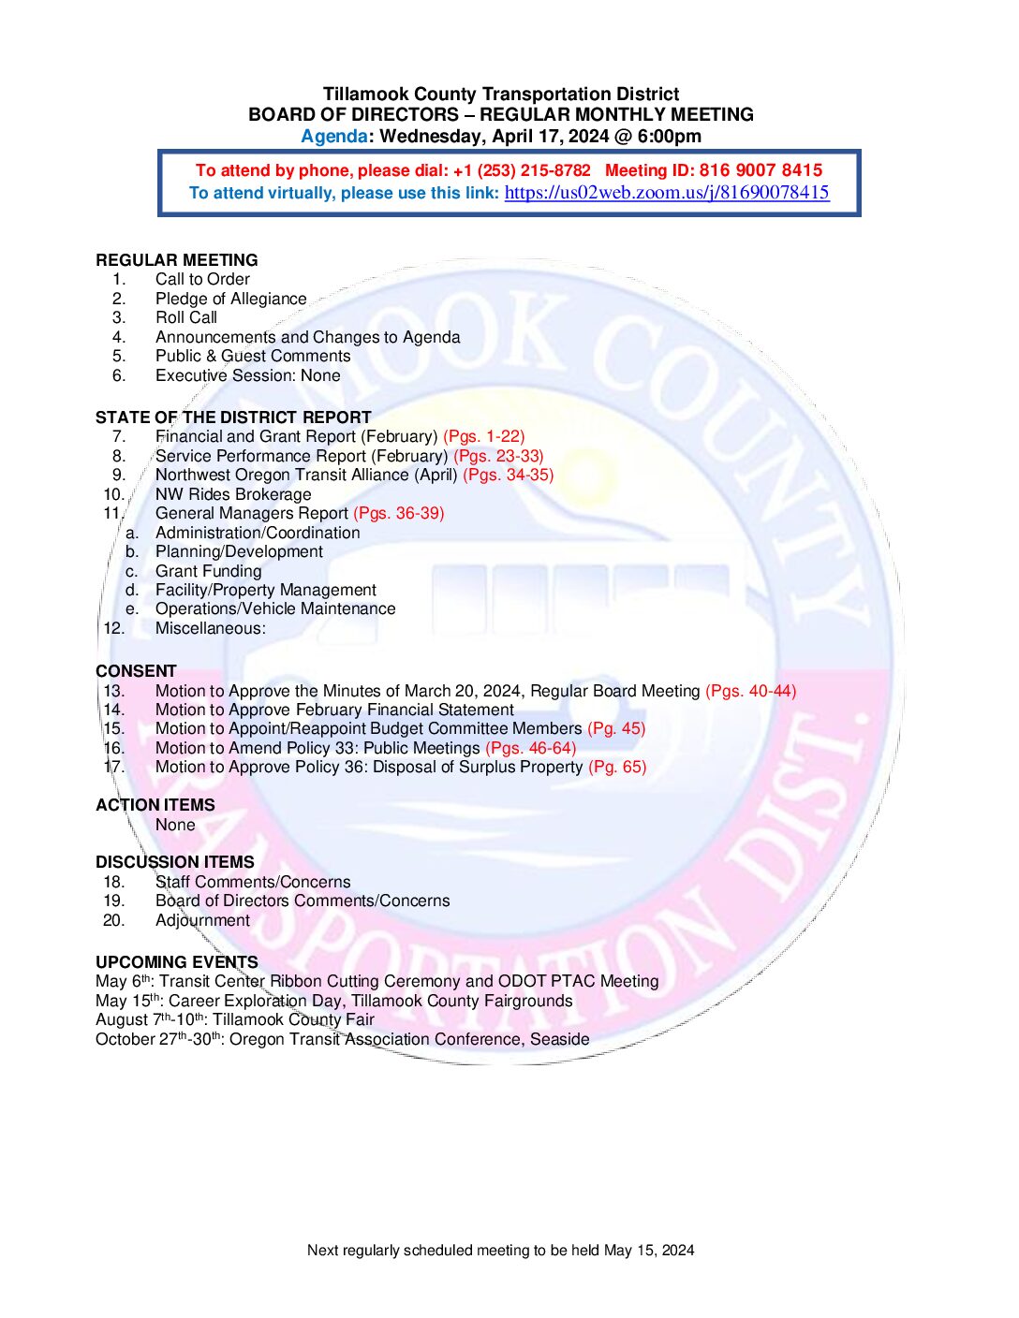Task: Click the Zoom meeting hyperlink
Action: pyautogui.click(x=666, y=193)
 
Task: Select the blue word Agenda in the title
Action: pyautogui.click(x=333, y=136)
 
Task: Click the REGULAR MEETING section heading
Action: pyautogui.click(x=176, y=260)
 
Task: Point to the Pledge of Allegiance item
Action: pyautogui.click(x=230, y=299)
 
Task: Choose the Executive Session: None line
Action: pyautogui.click(x=247, y=375)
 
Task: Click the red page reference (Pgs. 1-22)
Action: pyautogui.click(x=483, y=436)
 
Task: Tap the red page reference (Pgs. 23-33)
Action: pyautogui.click(x=498, y=456)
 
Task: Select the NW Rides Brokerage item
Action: pyautogui.click(x=233, y=494)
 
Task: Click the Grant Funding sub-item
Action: pyautogui.click(x=208, y=571)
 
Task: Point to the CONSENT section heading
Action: pyautogui.click(x=136, y=671)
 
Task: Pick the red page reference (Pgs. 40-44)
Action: pyautogui.click(x=750, y=691)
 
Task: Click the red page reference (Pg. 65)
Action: pyautogui.click(x=617, y=767)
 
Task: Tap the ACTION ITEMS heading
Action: pyautogui.click(x=155, y=805)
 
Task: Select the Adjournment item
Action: pyautogui.click(x=202, y=920)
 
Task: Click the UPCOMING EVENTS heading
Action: pyautogui.click(x=176, y=962)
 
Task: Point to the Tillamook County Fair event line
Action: pyautogui.click(x=234, y=1019)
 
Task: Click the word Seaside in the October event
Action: pyautogui.click(x=559, y=1039)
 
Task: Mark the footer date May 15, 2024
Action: pyautogui.click(x=649, y=1250)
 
